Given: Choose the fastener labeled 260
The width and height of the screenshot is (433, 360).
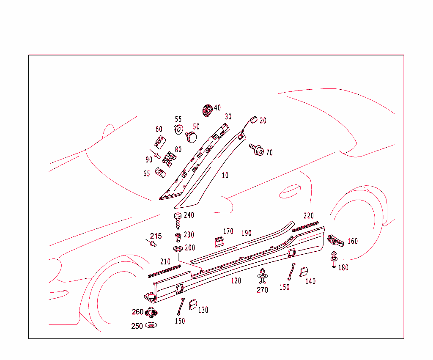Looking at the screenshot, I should pos(151,313).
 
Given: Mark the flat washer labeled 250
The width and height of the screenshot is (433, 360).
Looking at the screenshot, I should pos(151,325).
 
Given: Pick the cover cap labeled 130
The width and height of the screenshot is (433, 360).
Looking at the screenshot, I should pos(193,305).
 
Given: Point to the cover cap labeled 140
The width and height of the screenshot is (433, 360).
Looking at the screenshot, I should pos(304,272).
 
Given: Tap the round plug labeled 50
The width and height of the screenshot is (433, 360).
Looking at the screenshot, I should pos(192,137).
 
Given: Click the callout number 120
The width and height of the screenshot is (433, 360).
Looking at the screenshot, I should pos(236,280).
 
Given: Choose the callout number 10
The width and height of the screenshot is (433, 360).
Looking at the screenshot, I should pos(225,175).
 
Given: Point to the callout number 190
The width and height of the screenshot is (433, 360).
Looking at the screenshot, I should pos(246,233).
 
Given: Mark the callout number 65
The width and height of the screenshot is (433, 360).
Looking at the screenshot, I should pos(147,173).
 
